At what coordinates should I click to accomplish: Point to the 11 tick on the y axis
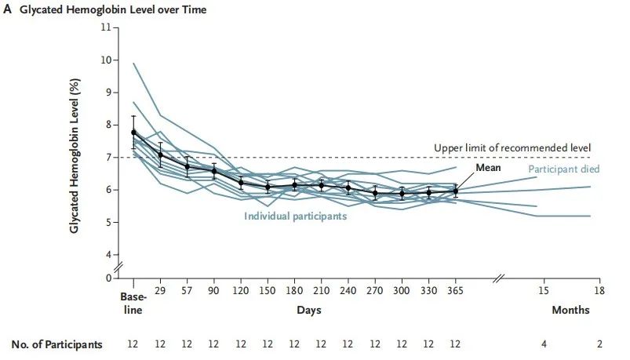tap(106, 27)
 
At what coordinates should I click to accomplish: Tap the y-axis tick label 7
tap(107, 158)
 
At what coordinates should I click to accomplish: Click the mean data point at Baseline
tap(133, 133)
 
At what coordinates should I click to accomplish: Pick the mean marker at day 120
tap(241, 183)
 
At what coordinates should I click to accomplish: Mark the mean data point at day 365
tap(455, 191)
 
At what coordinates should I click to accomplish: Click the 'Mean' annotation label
tap(489, 168)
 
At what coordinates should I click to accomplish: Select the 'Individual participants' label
tap(295, 216)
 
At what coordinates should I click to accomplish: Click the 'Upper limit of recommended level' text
tap(512, 147)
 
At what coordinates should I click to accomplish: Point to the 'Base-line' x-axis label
tap(133, 304)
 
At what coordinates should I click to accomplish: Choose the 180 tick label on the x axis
tap(294, 291)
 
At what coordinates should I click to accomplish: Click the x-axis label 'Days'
tap(308, 311)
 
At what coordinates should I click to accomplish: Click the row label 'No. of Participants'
tap(56, 344)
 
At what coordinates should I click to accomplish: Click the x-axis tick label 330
tap(428, 291)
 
